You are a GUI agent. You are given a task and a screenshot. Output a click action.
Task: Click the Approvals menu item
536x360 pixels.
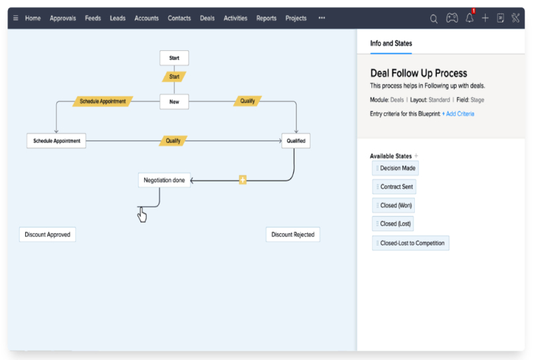click(x=63, y=19)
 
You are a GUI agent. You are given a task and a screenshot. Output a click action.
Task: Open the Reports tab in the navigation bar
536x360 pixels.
click(x=266, y=19)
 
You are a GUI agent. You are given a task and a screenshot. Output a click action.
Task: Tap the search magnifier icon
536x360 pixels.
click(x=433, y=19)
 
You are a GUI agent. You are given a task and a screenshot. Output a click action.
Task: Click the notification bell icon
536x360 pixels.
click(x=469, y=18)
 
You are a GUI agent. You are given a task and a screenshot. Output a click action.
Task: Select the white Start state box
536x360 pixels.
click(x=174, y=58)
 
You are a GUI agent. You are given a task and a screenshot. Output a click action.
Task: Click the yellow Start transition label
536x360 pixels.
click(x=174, y=77)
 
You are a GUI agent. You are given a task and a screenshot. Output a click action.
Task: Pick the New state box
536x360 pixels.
click(x=174, y=101)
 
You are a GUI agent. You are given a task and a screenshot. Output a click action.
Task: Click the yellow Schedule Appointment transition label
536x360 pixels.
click(x=103, y=101)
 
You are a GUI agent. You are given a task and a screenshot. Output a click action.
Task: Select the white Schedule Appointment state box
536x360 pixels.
click(x=57, y=141)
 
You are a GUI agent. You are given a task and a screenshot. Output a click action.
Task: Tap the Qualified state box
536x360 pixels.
click(x=296, y=141)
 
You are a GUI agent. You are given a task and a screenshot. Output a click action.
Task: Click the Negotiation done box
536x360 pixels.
click(x=164, y=180)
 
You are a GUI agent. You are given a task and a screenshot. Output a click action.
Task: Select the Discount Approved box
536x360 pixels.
click(x=48, y=234)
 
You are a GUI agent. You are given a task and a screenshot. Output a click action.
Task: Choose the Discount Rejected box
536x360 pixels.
click(x=292, y=234)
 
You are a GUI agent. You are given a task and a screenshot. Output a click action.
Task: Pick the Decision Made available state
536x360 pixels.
click(x=396, y=168)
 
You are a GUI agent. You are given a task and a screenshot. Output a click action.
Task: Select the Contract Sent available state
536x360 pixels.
click(x=394, y=187)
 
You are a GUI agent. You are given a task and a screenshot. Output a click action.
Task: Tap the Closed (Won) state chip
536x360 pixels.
click(x=394, y=205)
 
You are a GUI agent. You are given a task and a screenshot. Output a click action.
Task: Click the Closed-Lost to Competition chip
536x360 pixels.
click(x=411, y=243)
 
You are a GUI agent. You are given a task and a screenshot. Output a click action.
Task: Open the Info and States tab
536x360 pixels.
click(x=390, y=44)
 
